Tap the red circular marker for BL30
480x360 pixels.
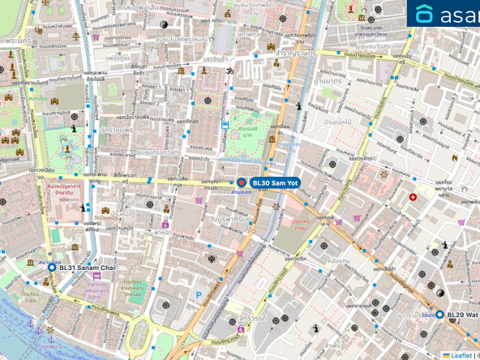tap(241, 183)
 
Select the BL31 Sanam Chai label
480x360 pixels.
tap(82, 267)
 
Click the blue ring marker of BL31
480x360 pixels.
tap(52, 267)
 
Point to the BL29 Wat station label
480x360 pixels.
tap(463, 314)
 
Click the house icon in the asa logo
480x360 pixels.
tap(425, 14)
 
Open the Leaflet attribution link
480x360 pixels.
tap(461, 355)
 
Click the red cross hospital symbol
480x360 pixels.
tap(413, 196)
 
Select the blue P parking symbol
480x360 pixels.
tap(199, 295)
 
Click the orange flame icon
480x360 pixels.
tap(455, 157)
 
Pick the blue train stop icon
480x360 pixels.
tap(225, 126)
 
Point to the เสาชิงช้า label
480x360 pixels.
tap(217, 58)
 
